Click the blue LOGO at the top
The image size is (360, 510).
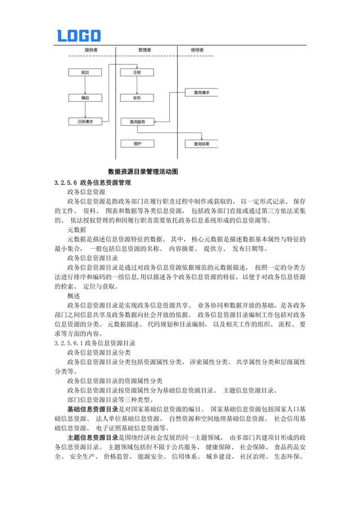coord(79,36)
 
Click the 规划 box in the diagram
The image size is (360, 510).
coord(85,73)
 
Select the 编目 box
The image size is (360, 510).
coord(85,97)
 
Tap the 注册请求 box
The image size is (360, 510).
coord(85,121)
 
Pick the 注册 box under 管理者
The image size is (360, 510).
coord(137,73)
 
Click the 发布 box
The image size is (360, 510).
coord(137,97)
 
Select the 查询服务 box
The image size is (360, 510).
coord(137,122)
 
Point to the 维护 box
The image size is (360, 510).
coord(137,144)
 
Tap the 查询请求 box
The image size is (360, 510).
coord(201,92)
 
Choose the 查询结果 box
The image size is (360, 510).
coord(201,144)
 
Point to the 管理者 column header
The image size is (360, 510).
coord(144,50)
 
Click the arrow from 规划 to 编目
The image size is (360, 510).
coord(85,85)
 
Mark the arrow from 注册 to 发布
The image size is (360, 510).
coord(137,85)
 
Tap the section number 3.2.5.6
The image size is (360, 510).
coord(66,182)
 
